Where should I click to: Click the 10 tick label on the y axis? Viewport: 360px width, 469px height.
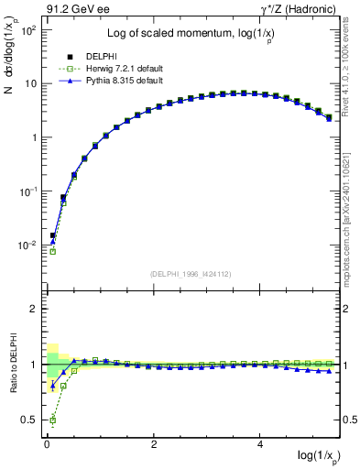(29, 83)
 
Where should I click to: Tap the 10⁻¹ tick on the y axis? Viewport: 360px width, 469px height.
(26, 191)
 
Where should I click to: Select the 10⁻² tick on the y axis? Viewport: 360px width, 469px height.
(26, 245)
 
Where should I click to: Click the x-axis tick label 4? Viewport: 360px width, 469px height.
(262, 444)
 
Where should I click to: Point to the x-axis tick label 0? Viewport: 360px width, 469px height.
(47, 444)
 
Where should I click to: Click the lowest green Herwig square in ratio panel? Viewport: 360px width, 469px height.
(53, 421)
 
